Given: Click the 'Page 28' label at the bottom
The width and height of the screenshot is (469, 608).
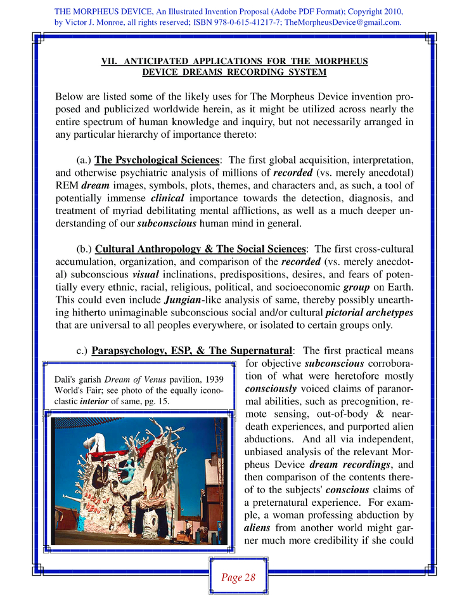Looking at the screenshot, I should [238, 577].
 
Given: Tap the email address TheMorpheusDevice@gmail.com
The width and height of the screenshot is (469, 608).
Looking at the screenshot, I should [342, 22].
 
